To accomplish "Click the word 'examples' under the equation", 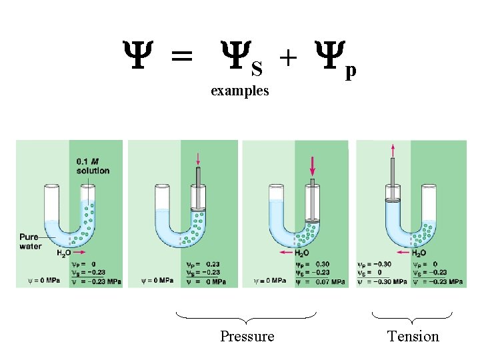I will pos(239,91).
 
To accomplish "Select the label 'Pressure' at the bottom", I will pos(247,336).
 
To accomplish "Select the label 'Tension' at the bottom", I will pos(413,336).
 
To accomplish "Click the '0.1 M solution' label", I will pos(93,166).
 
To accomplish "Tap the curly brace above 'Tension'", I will pos(411,317).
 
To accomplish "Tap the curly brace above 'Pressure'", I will pos(245,317).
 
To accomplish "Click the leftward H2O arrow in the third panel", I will pos(287,253).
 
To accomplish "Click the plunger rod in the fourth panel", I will pos(393,175).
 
